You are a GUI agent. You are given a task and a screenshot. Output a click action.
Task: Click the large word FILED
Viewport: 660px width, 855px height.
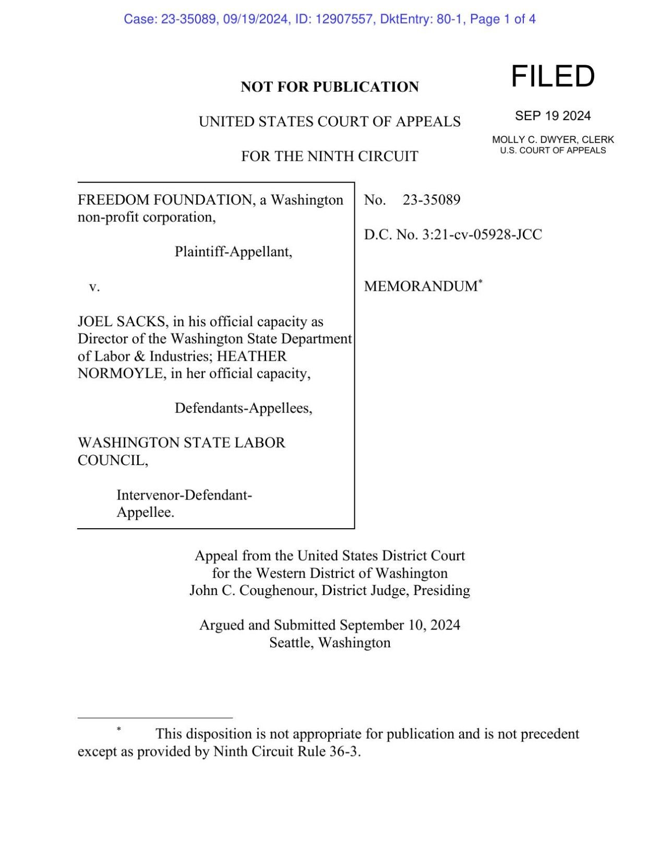pyautogui.click(x=553, y=76)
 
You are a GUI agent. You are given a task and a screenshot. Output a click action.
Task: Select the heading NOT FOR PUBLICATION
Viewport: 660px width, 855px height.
pyautogui.click(x=329, y=87)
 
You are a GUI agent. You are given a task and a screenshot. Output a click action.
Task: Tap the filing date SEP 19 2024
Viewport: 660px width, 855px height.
pyautogui.click(x=553, y=116)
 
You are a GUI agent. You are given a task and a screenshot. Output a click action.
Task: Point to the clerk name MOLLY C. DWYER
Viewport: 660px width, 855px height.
pyautogui.click(x=533, y=140)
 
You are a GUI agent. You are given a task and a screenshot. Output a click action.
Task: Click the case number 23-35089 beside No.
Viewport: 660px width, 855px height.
pyautogui.click(x=431, y=200)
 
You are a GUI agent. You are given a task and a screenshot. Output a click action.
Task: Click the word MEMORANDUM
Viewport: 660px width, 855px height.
pyautogui.click(x=421, y=287)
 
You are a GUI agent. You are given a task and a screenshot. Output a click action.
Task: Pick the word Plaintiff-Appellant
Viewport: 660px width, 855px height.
pyautogui.click(x=233, y=252)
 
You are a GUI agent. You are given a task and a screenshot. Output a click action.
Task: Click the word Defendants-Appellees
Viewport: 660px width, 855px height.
pyautogui.click(x=243, y=408)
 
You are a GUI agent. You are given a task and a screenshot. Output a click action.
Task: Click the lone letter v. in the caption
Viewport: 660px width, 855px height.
pyautogui.click(x=94, y=287)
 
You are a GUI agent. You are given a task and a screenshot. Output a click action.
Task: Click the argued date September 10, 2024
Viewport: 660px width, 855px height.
pyautogui.click(x=400, y=625)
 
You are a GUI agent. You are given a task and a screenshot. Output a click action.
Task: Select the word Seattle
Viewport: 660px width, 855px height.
pyautogui.click(x=291, y=643)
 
